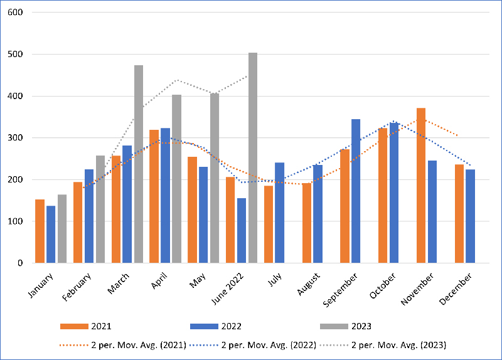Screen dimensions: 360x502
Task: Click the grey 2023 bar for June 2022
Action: point(253,158)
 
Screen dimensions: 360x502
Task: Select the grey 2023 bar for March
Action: point(139,164)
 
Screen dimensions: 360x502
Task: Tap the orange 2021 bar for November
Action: point(421,186)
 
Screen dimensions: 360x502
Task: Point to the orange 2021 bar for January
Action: point(40,231)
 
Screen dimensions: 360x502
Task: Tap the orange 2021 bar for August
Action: point(307,223)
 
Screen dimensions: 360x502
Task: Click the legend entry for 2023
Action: point(345,326)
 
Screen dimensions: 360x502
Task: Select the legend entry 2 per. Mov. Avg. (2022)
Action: point(251,344)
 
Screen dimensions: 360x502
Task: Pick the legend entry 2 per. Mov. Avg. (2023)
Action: point(382,344)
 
